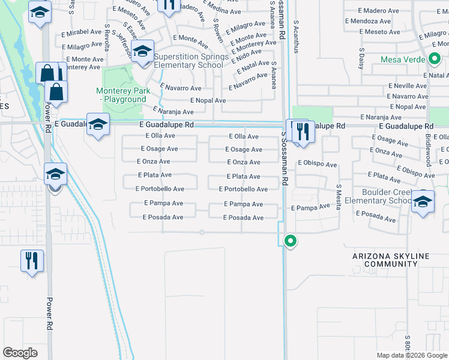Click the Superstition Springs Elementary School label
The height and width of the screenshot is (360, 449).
coord(188,61)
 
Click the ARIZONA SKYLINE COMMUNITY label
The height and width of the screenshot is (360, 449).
coord(391,260)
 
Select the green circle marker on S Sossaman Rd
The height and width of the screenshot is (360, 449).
coord(291,241)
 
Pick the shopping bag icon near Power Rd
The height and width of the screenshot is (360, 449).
coord(56,92)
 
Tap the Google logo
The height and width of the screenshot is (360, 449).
coord(20,353)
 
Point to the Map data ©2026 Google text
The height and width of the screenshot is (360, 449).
coord(411,355)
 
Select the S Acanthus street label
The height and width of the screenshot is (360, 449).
coord(296,37)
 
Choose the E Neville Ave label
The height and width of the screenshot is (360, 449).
coord(406,86)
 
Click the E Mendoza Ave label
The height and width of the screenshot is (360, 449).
coord(372,21)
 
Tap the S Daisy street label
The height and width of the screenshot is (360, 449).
coord(361,59)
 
